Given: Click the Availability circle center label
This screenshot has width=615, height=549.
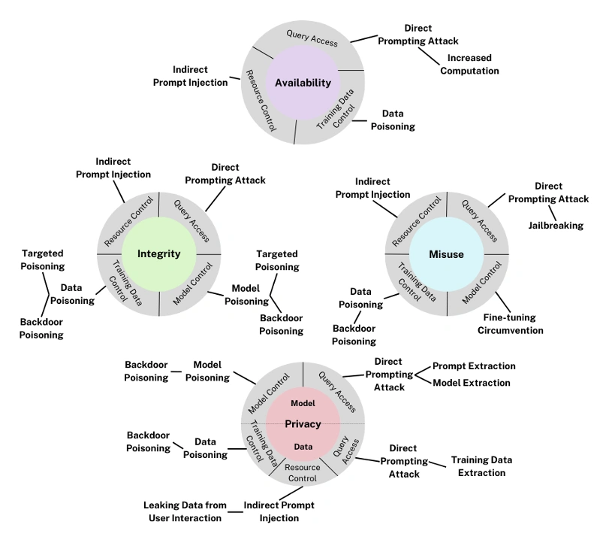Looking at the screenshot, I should coord(303,83).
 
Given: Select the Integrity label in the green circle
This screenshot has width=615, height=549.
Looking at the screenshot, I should coord(158,253).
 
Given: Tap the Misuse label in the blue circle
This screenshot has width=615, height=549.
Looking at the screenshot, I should coord(446,254).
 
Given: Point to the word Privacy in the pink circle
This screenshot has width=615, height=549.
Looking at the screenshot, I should coord(303,424).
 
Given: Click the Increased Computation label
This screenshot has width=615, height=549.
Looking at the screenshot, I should coord(469,64).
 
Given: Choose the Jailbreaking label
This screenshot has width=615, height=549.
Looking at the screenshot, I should coord(555,225).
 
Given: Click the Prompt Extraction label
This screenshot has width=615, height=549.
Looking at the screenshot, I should coord(474,366).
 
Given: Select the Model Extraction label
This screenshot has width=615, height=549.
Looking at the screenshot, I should coord(471,383).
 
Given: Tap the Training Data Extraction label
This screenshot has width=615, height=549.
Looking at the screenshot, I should coord(481,466).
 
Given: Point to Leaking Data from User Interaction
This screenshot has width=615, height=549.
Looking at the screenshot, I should coord(185,511).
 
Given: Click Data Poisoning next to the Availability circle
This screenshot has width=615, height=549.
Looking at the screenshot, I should coord(393,120).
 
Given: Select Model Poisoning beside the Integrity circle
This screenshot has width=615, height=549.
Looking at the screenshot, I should coord(246,294).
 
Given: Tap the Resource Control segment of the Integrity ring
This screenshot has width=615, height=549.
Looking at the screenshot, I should coord(128,221).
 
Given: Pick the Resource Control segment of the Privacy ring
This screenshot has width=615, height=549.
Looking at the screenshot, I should coord(303,472).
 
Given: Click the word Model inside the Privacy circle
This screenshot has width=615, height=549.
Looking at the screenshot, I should coord(303,403).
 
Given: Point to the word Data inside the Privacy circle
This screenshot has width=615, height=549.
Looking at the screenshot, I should coord(303,447).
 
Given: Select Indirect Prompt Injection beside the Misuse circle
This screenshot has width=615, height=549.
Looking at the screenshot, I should coord(372,188).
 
